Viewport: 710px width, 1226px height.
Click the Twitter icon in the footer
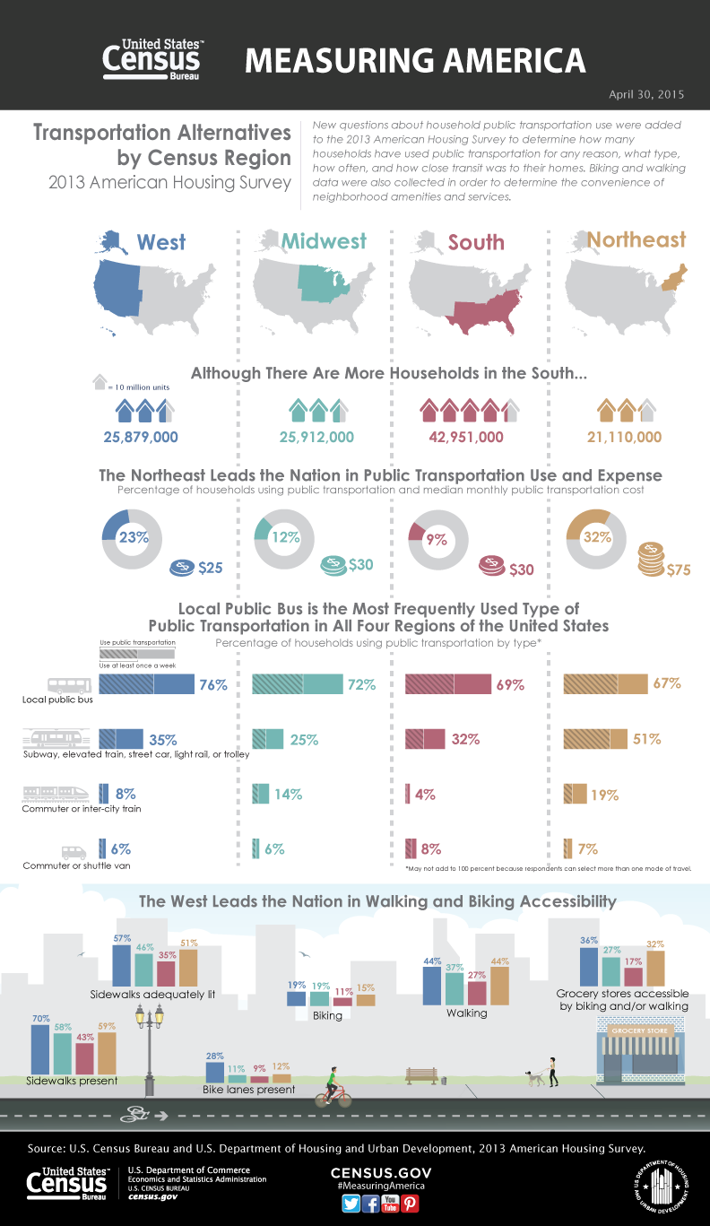351,1204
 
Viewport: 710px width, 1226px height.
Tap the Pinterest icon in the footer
411,1204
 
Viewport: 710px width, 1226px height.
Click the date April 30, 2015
646,93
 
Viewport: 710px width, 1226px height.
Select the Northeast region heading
636,239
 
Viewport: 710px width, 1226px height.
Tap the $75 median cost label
679,570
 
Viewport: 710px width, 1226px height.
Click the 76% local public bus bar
147,683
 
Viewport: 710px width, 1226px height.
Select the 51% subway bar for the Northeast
594,739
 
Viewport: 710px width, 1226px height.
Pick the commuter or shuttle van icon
73,852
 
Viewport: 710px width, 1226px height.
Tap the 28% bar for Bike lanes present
215,1072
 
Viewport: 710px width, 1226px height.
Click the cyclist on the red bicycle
333,1089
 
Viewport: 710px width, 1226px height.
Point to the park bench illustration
420,1074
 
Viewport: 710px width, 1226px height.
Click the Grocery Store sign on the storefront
640,1031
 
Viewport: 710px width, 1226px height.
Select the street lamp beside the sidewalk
149,1045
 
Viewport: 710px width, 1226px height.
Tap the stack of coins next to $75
651,560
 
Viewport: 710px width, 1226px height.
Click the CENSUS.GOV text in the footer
381,1173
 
